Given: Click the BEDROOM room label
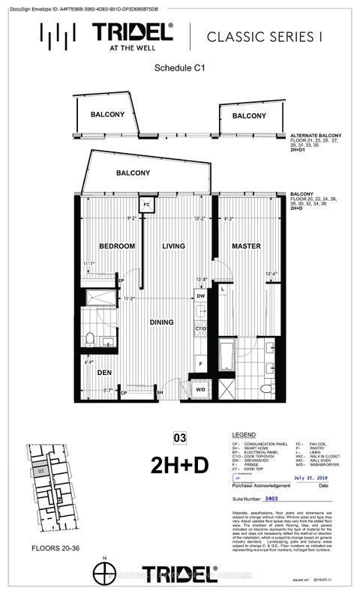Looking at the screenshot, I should (x=117, y=246).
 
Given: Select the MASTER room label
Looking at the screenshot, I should (x=245, y=246).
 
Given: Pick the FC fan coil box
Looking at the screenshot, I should (x=147, y=204).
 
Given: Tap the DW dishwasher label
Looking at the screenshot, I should (x=201, y=297).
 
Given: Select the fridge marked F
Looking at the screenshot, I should (x=201, y=363).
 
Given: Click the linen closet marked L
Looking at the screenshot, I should (x=223, y=289).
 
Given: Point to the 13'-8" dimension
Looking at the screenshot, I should (x=200, y=280).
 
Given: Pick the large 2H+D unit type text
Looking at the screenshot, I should (x=179, y=463).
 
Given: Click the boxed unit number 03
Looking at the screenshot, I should (x=178, y=437).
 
